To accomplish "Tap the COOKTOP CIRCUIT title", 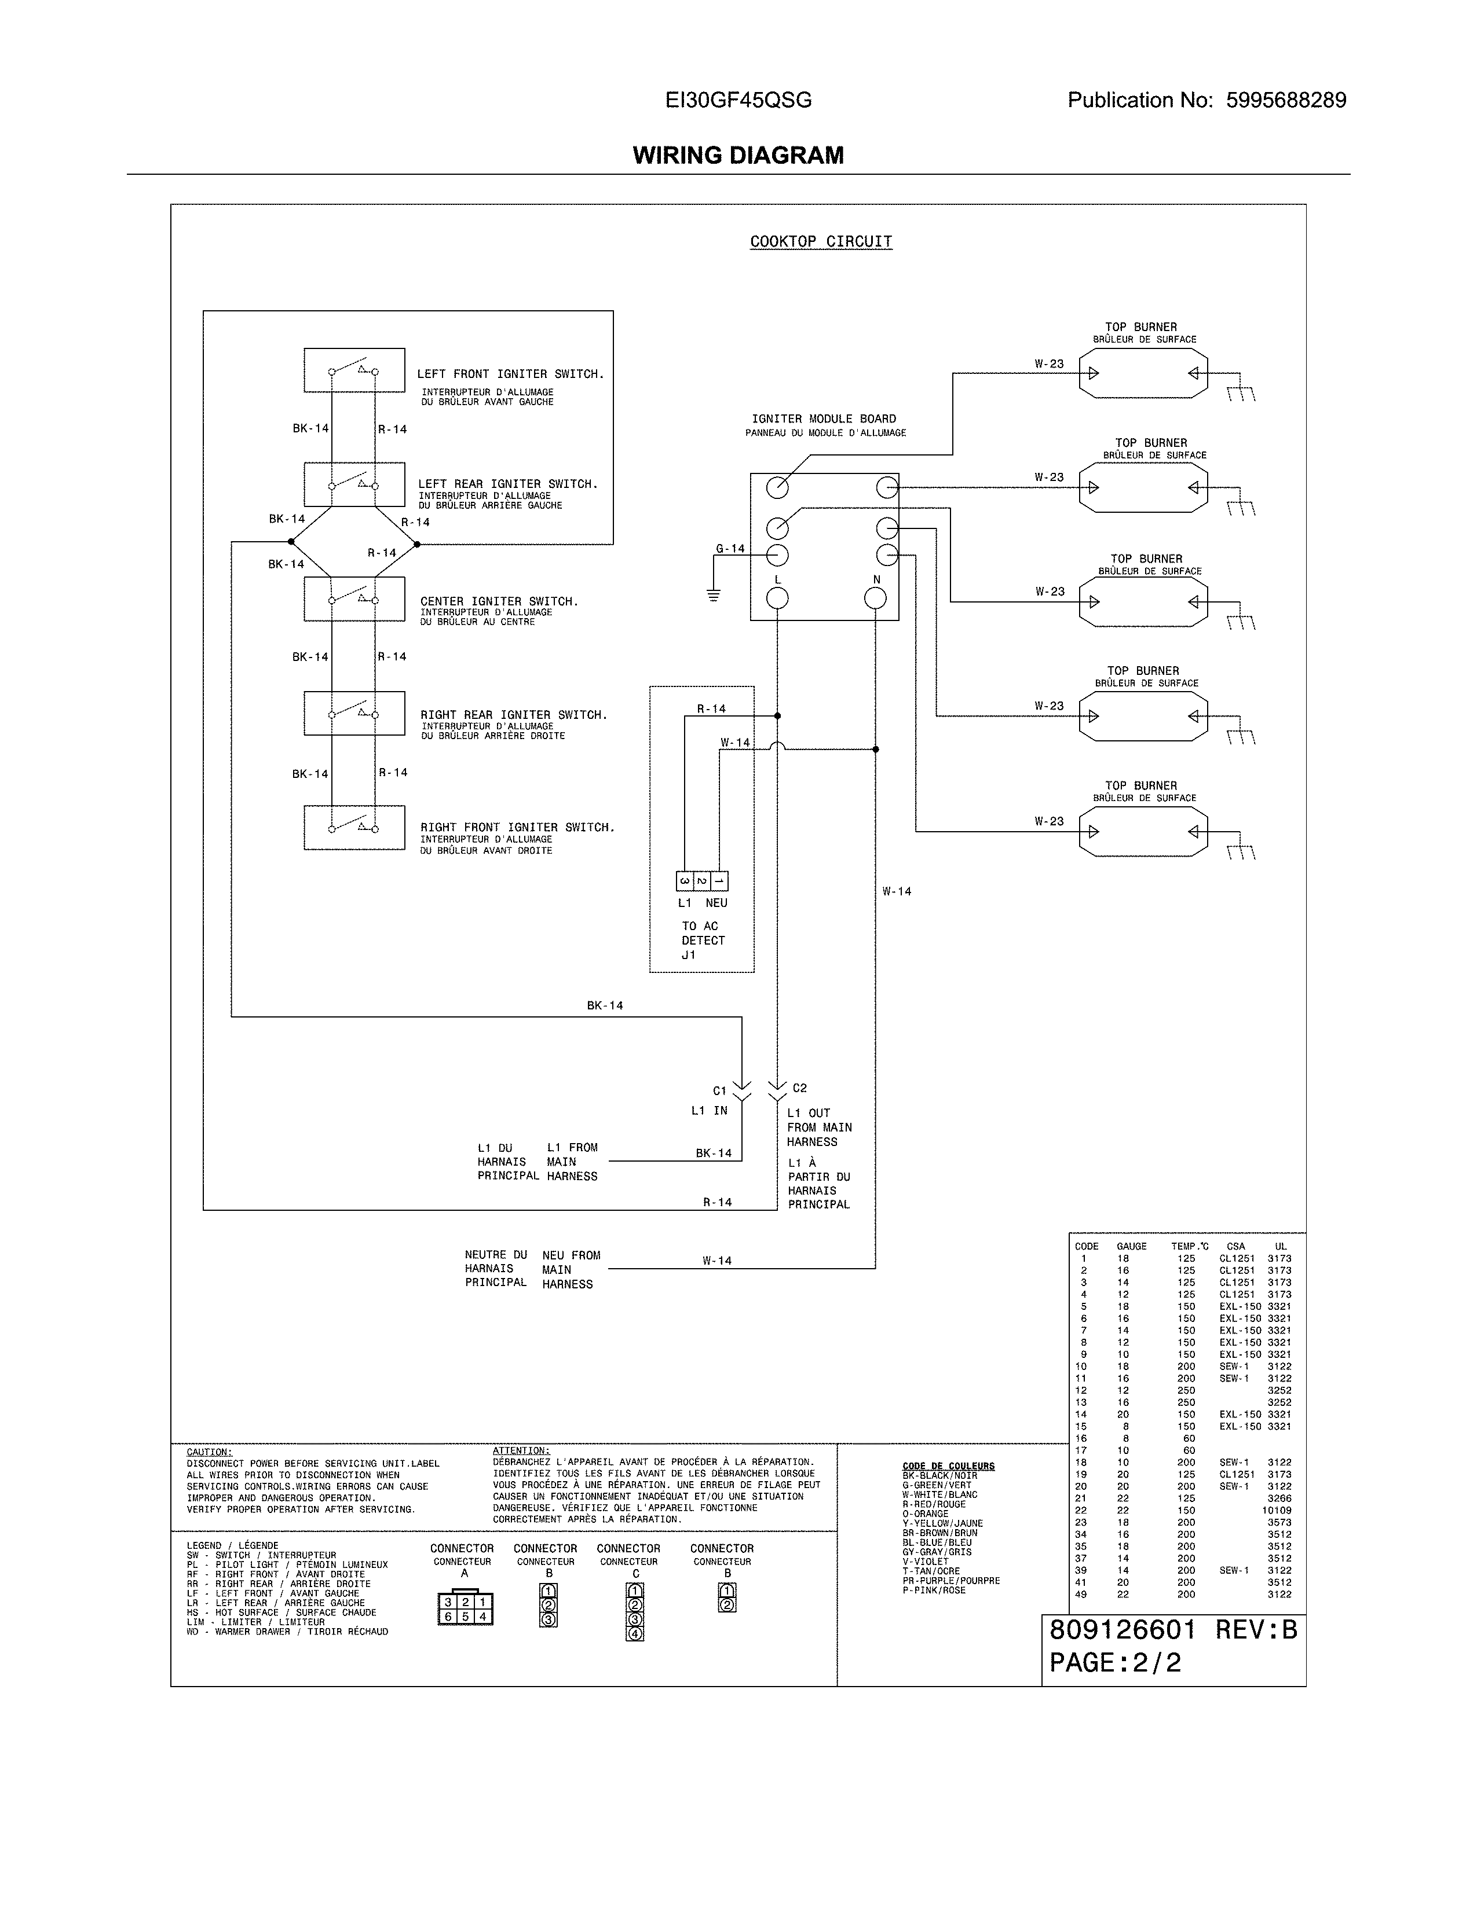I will click(821, 241).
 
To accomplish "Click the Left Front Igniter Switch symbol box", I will click(353, 370).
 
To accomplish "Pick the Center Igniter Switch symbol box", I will click(353, 599).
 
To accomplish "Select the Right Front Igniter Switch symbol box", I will click(353, 827).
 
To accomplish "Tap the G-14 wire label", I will click(730, 548).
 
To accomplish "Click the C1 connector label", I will click(719, 1090).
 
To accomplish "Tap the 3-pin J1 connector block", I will click(702, 881).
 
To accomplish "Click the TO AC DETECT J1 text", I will click(703, 940).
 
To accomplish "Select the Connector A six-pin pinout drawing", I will click(465, 1609).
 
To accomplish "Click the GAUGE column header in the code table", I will click(1131, 1246).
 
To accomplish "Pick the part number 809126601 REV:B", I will click(1172, 1630).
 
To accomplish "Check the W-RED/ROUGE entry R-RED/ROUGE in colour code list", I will click(934, 1504).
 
